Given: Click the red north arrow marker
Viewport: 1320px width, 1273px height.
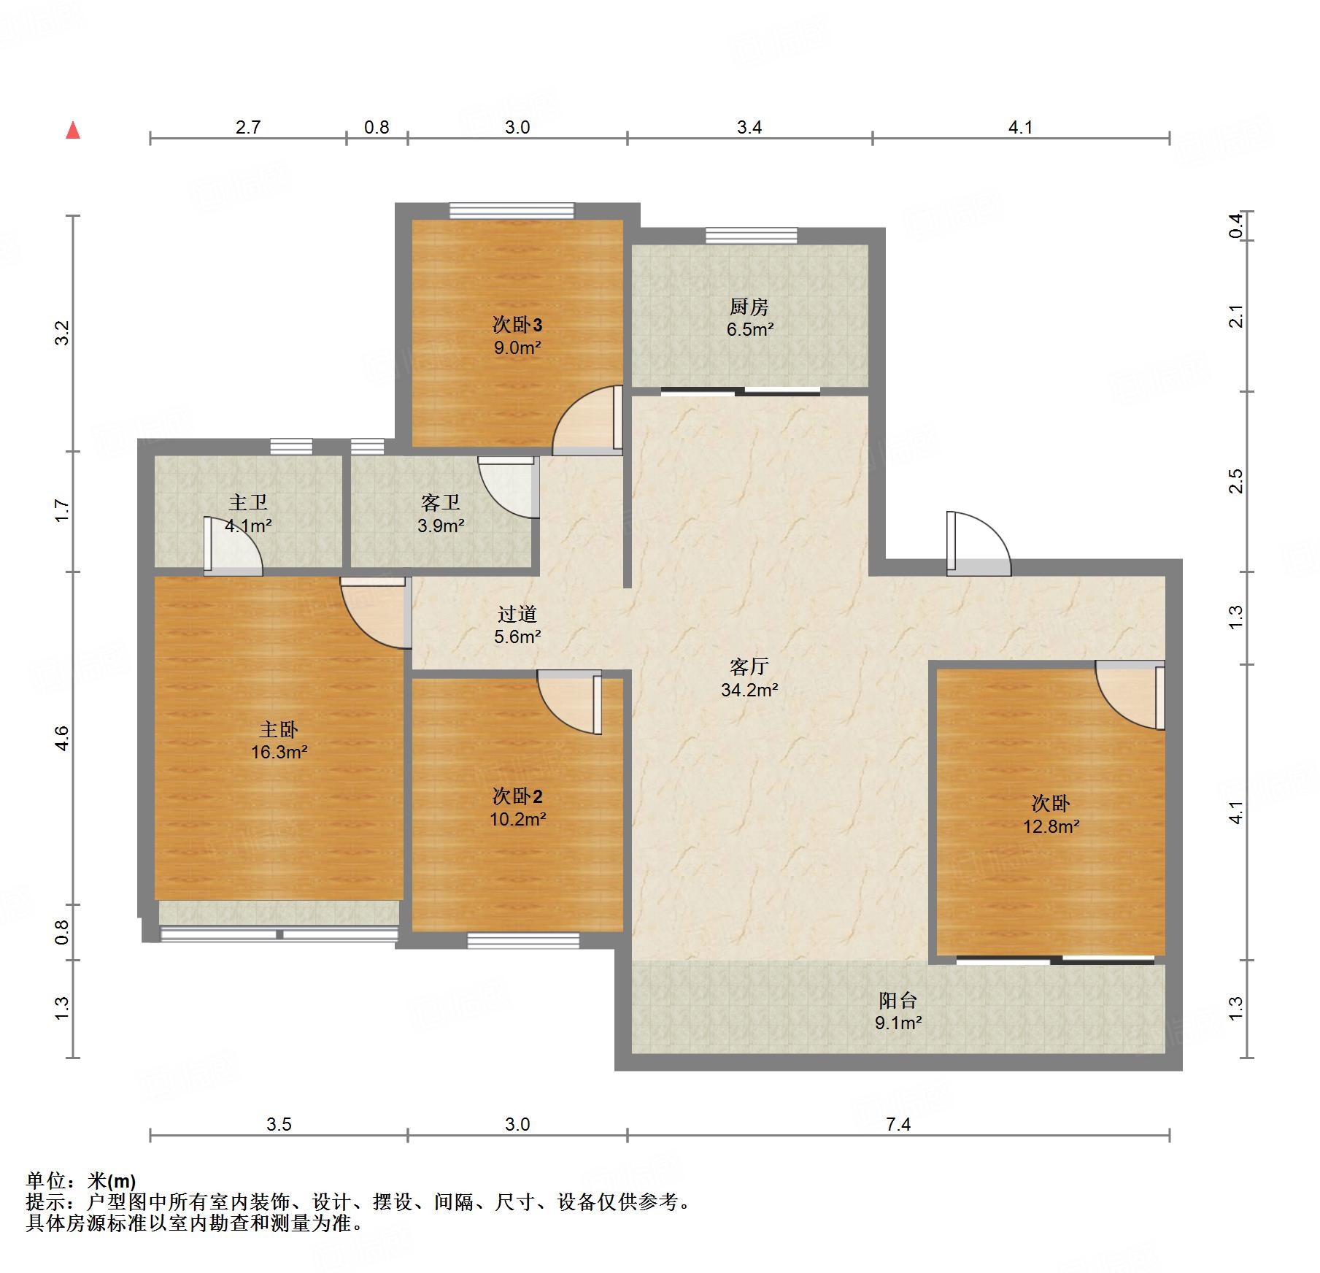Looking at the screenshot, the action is [73, 130].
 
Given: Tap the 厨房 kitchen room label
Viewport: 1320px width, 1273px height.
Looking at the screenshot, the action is [749, 307].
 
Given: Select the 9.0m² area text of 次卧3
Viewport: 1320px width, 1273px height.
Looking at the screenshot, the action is [517, 347].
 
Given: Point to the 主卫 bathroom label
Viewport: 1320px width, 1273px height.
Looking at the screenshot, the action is [248, 502].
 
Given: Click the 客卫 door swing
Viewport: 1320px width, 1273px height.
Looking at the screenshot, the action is [509, 487].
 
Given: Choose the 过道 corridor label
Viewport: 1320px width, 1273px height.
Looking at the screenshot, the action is [517, 614].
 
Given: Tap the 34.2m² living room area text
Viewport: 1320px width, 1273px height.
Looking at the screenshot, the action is [749, 690].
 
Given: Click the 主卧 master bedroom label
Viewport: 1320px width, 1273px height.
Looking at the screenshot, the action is [279, 729].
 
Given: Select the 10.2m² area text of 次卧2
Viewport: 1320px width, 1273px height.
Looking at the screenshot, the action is [517, 819].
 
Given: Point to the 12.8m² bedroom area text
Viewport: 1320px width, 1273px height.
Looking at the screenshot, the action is [1051, 826].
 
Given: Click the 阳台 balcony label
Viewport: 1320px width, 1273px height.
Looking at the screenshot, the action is [898, 1000].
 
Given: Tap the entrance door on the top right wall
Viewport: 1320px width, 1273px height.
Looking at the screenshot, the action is [979, 544].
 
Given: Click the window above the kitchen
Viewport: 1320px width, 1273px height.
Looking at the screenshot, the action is [752, 235].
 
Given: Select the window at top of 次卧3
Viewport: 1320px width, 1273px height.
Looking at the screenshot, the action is [512, 210].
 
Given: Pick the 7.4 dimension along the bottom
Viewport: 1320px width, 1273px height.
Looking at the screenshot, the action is [898, 1124].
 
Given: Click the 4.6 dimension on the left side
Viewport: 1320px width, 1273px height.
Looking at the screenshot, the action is [62, 738].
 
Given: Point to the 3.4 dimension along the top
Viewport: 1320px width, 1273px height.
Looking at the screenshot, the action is [749, 127].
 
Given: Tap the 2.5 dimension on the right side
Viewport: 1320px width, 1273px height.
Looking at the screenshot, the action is [1235, 482].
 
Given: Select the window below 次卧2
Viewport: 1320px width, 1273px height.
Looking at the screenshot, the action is [523, 941].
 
